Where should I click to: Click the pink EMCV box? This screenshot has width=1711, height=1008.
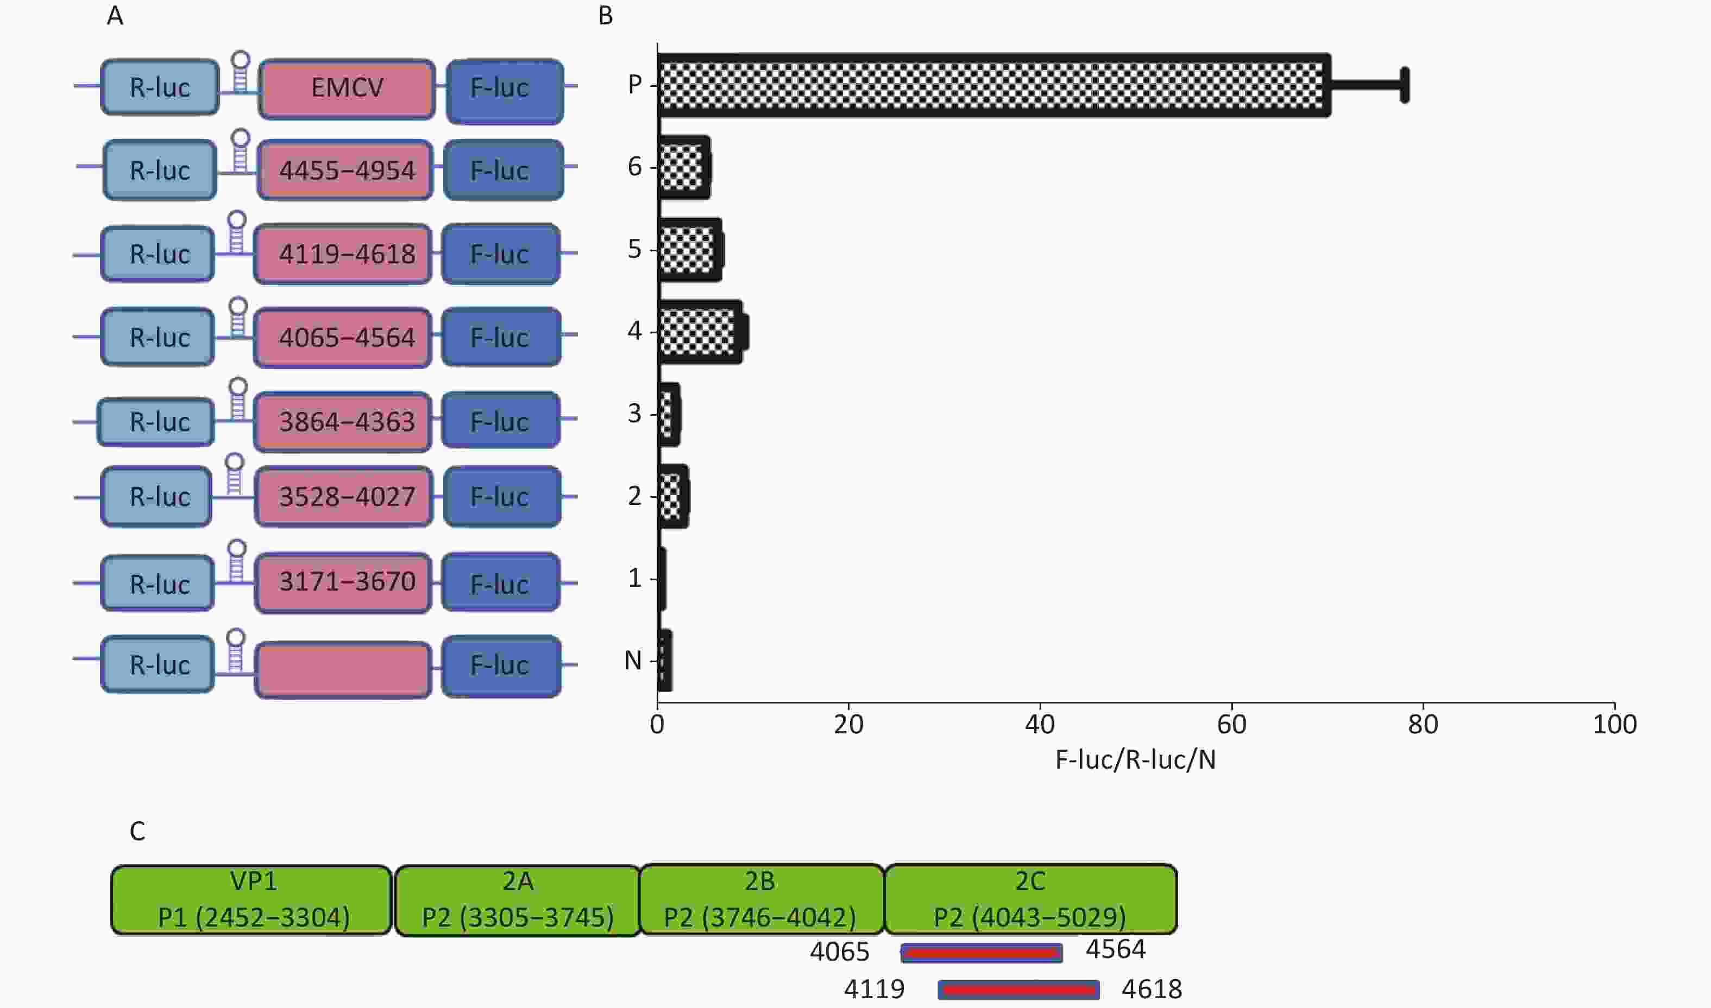[x=347, y=88]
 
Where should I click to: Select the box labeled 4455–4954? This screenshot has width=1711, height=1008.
[x=345, y=170]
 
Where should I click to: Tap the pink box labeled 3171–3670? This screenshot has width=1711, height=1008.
[x=343, y=583]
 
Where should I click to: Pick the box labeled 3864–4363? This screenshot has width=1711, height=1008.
[x=343, y=422]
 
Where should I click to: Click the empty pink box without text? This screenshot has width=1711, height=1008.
[x=343, y=670]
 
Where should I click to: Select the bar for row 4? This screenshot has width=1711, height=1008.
[x=700, y=332]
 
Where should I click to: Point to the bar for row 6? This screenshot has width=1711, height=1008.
[x=683, y=167]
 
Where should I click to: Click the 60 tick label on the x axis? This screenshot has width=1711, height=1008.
[x=1231, y=725]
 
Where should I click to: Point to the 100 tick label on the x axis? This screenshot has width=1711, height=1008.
[x=1614, y=725]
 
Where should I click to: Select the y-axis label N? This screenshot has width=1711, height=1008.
[x=633, y=660]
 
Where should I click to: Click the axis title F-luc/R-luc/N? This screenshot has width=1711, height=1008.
[x=1135, y=760]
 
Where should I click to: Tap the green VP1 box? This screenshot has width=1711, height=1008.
[x=252, y=900]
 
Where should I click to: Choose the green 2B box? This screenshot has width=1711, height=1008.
[x=762, y=899]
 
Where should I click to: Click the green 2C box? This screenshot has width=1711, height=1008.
[x=1031, y=899]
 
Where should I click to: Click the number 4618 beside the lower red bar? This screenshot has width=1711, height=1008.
[x=1152, y=990]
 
